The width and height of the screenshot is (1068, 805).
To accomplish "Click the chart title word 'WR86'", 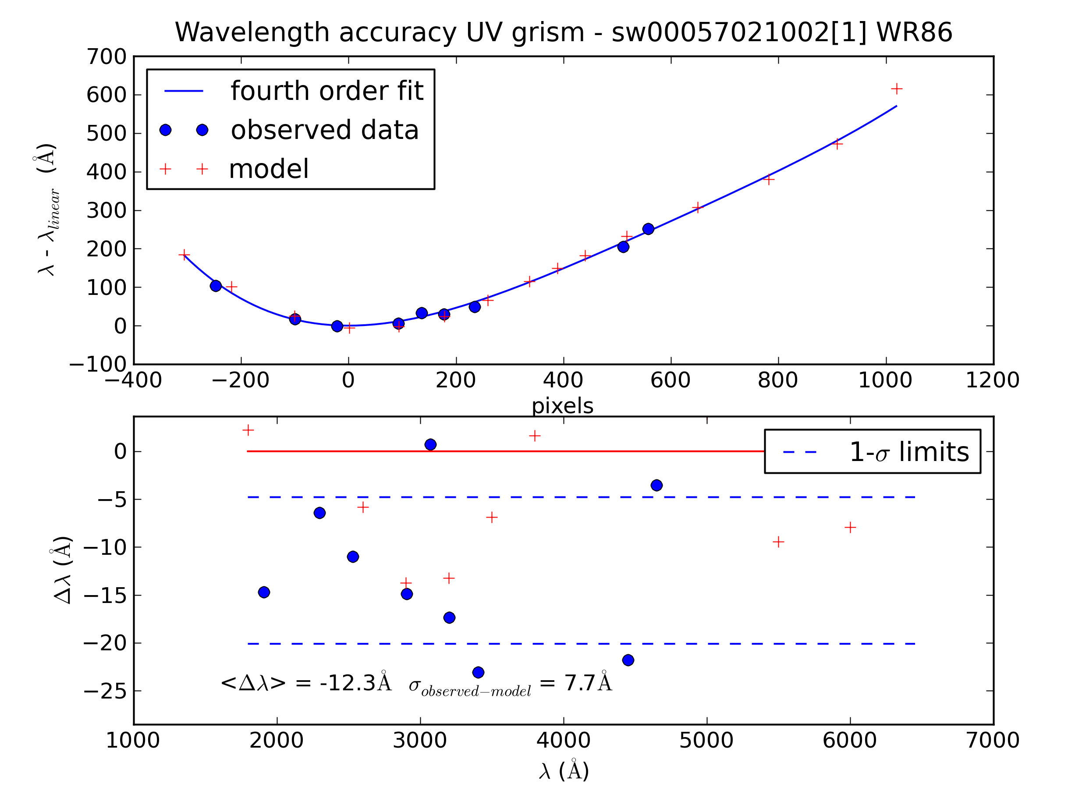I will pyautogui.click(x=914, y=33).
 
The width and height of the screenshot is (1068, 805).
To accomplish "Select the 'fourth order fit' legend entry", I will pyautogui.click(x=326, y=91).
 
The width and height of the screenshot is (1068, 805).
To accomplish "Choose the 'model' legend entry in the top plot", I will pyautogui.click(x=269, y=169).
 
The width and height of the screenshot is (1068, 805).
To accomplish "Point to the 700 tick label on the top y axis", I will pyautogui.click(x=106, y=57).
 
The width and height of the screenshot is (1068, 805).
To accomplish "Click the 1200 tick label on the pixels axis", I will pyautogui.click(x=992, y=380).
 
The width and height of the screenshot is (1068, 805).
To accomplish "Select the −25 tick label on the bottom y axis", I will pyautogui.click(x=105, y=691).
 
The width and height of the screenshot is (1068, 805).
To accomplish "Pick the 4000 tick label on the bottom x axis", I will pyautogui.click(x=563, y=740).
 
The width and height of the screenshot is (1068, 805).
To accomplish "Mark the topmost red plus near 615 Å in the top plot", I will pyautogui.click(x=896, y=89).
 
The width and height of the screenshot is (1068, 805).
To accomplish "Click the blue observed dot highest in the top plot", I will pyautogui.click(x=648, y=229).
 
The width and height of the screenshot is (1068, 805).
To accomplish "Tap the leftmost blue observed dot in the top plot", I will pyautogui.click(x=216, y=286).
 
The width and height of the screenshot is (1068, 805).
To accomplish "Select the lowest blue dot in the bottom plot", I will pyautogui.click(x=478, y=672).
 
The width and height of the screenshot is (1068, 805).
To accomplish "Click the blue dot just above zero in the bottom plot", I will pyautogui.click(x=430, y=444).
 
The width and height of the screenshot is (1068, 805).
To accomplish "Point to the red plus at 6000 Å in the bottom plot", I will pyautogui.click(x=850, y=527).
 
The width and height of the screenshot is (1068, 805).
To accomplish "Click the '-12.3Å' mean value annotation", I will pyautogui.click(x=355, y=683).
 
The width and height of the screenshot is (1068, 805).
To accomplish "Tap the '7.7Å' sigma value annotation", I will pyautogui.click(x=588, y=683).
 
